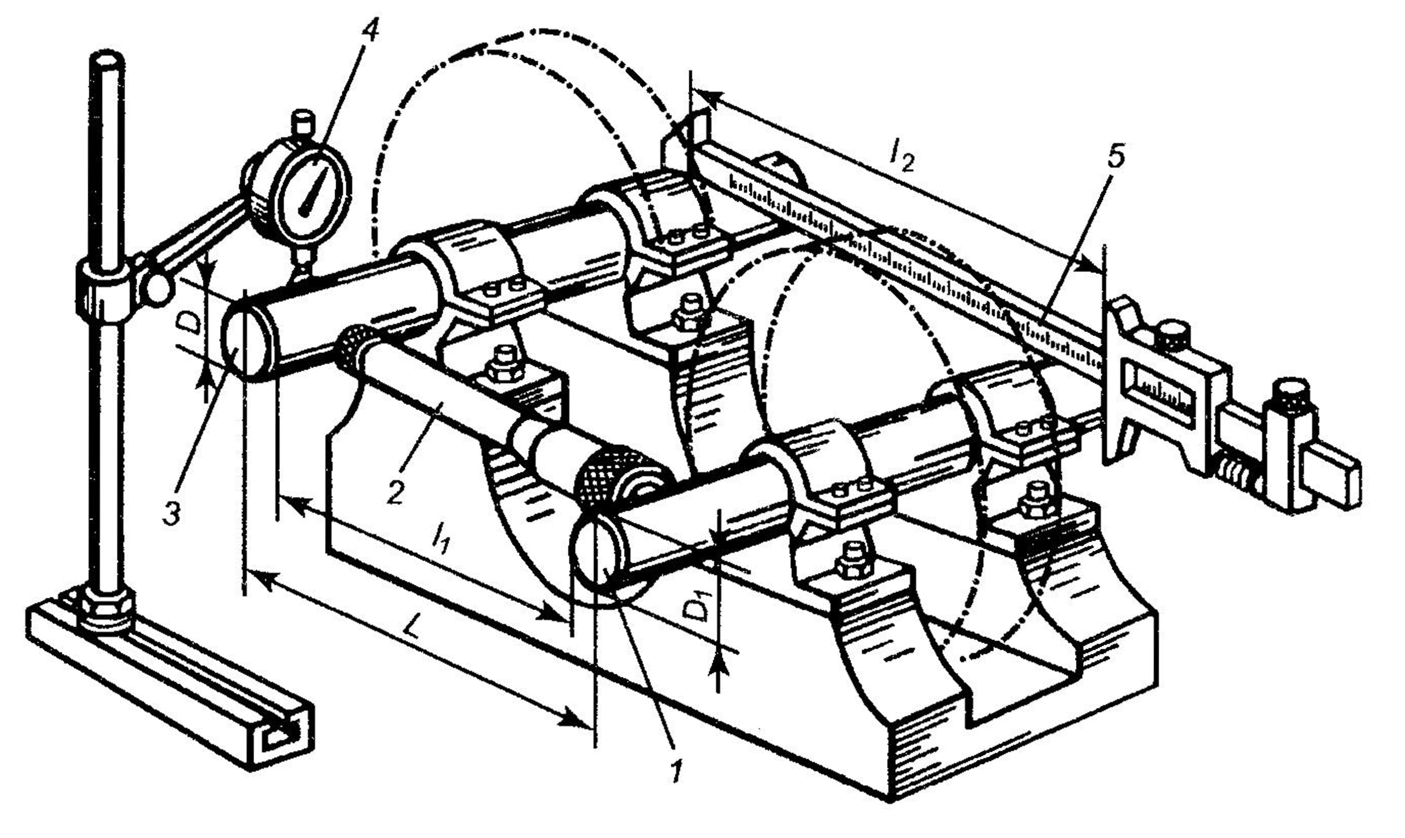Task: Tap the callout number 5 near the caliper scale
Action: [x=1115, y=159]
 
